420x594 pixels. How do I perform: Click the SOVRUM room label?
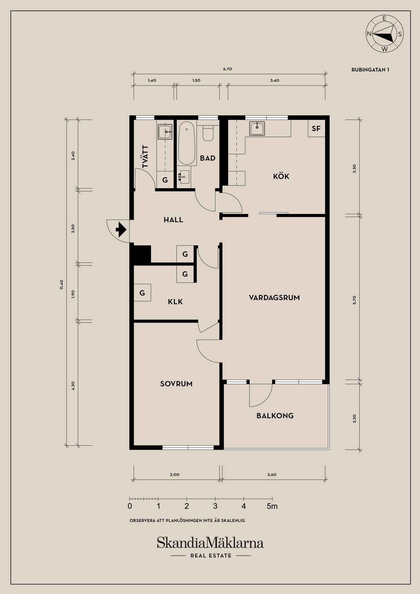click(x=176, y=384)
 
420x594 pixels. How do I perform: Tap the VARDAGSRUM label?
click(x=274, y=298)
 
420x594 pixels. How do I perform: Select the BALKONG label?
click(x=275, y=416)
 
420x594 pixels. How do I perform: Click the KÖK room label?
click(x=281, y=176)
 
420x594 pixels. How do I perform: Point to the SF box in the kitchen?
click(x=316, y=128)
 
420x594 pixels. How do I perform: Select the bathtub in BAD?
click(x=187, y=143)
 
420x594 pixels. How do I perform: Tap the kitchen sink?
click(x=257, y=128)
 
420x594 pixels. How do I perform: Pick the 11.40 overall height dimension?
click(x=62, y=284)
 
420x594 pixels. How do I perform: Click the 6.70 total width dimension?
click(x=227, y=69)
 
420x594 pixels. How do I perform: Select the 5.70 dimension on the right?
click(x=354, y=300)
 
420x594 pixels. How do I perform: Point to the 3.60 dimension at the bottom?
click(x=272, y=475)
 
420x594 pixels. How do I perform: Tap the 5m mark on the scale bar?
click(x=272, y=506)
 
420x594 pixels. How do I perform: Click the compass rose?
click(x=384, y=33)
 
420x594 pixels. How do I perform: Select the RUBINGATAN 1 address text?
click(x=370, y=70)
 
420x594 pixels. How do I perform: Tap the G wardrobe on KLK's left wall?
click(x=142, y=293)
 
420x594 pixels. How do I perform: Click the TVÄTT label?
click(x=145, y=157)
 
